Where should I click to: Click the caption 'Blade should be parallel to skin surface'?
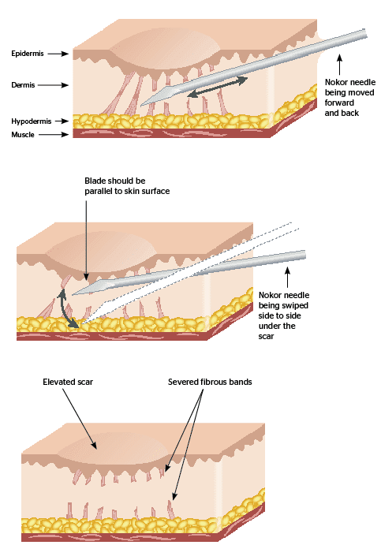tap(127, 186)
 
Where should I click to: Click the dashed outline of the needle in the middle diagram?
tap(237, 252)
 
